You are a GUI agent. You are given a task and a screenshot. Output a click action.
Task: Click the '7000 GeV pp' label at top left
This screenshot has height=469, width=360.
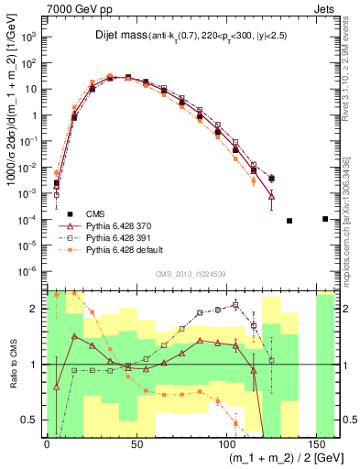pos(72,8)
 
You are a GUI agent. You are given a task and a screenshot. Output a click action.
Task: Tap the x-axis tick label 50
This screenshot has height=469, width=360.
pos(136,442)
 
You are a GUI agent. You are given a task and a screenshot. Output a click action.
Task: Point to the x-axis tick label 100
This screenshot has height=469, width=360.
pos(226,442)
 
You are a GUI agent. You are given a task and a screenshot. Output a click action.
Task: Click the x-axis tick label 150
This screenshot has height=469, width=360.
pos(316,442)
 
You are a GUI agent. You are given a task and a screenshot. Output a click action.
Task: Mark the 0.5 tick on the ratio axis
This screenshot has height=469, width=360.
pos(33,420)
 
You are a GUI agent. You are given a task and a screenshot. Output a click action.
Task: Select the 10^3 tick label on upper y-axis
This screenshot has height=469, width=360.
pos(29,38)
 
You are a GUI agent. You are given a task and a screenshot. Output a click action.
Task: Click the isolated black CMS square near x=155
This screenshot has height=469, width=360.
pos(325,219)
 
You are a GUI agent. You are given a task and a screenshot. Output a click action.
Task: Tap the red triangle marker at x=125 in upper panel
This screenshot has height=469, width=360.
pos(271,195)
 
